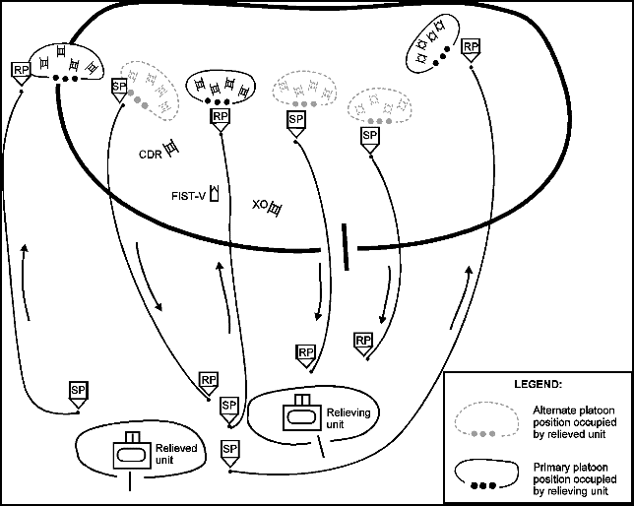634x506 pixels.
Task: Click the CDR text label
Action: (150, 154)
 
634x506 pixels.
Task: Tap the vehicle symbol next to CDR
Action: (171, 149)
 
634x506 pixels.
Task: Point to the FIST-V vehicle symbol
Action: (213, 193)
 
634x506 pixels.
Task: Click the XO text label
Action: (259, 206)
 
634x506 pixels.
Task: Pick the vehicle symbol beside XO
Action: (275, 208)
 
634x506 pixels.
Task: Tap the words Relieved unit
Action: (177, 454)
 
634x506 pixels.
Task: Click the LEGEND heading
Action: (538, 382)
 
